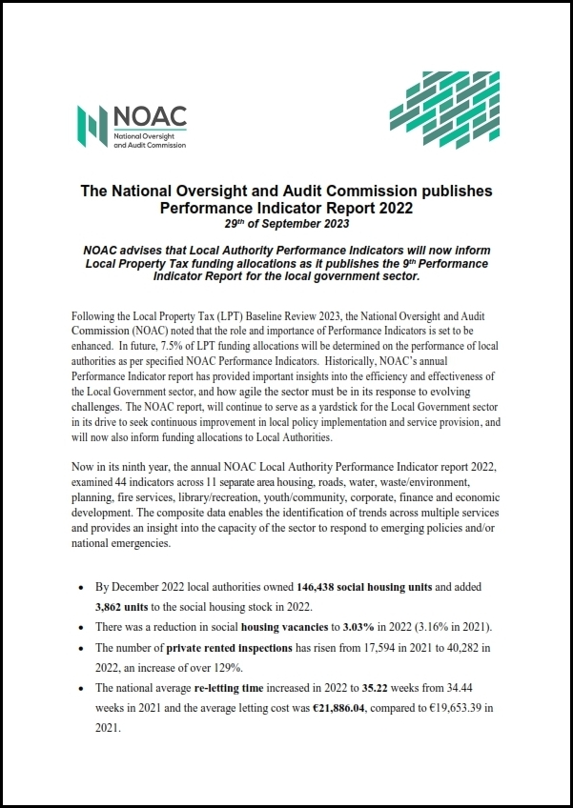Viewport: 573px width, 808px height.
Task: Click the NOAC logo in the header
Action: pos(132,125)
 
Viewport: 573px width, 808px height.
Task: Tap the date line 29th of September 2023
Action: pos(286,224)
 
